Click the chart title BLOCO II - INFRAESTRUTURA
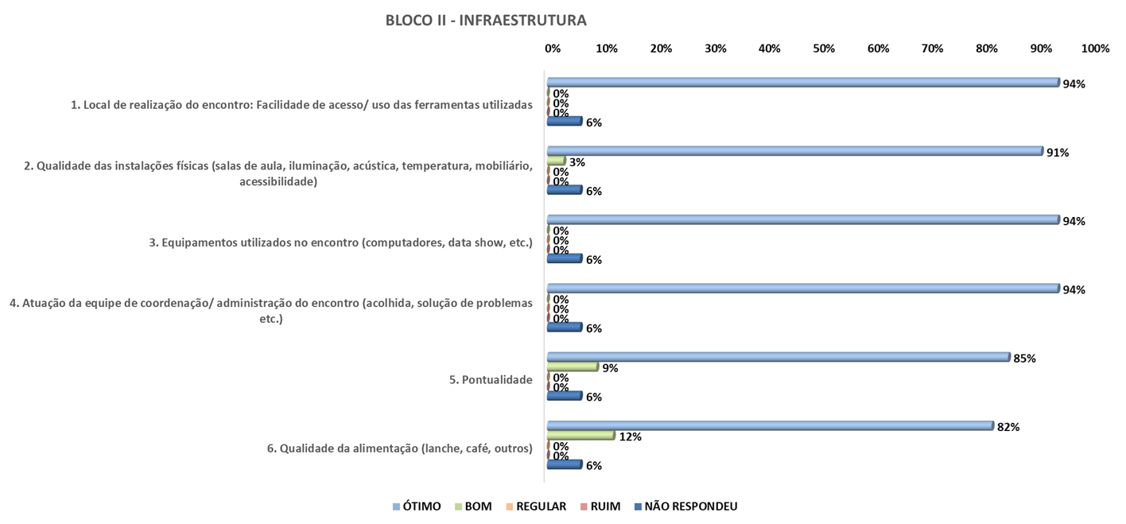pyautogui.click(x=486, y=20)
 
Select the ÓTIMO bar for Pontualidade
pyautogui.click(x=778, y=357)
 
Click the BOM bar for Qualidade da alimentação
pyautogui.click(x=580, y=435)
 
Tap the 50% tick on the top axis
pyautogui.click(x=824, y=49)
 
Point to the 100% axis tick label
pyautogui.click(x=1095, y=49)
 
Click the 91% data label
pyautogui.click(x=1058, y=153)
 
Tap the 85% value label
pyautogui.click(x=1024, y=359)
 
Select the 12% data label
pyautogui.click(x=630, y=437)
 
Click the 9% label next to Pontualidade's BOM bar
pyautogui.click(x=611, y=368)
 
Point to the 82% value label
pyautogui.click(x=1008, y=427)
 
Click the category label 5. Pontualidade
pyautogui.click(x=491, y=380)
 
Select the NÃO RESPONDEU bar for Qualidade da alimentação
pyautogui.click(x=565, y=464)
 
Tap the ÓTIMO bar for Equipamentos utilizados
pyautogui.click(x=803, y=219)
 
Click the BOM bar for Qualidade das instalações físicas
pyautogui.click(x=557, y=161)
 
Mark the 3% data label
pyautogui.click(x=577, y=162)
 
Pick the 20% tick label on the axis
pyautogui.click(x=661, y=49)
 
